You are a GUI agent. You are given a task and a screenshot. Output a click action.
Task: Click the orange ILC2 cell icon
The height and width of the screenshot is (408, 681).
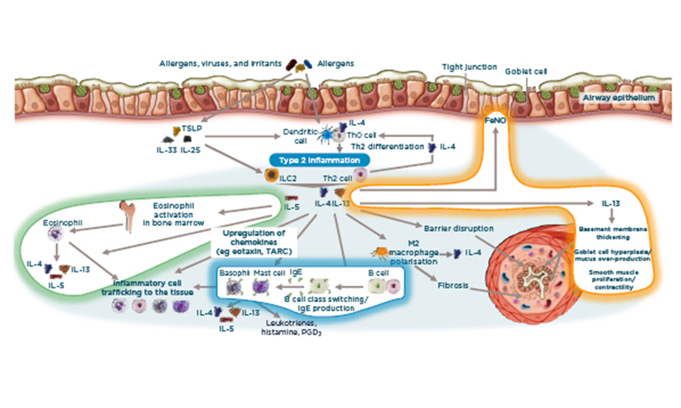(272, 175)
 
